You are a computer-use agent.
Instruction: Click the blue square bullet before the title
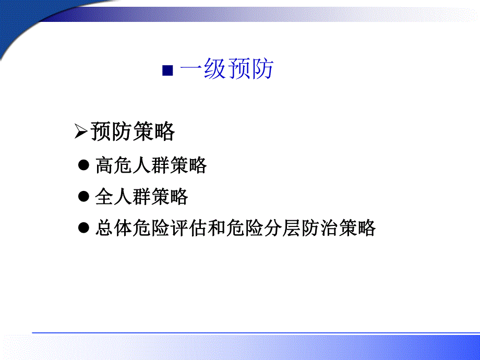167,71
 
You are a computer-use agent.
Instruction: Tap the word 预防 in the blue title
250,70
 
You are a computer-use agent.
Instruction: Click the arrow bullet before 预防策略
81,133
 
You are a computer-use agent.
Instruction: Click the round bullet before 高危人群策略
84,165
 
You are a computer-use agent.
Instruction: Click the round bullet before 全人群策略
84,197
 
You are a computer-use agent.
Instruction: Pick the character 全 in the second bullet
104,197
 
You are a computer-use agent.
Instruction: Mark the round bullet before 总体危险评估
84,228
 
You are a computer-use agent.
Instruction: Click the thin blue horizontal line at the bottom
256,332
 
